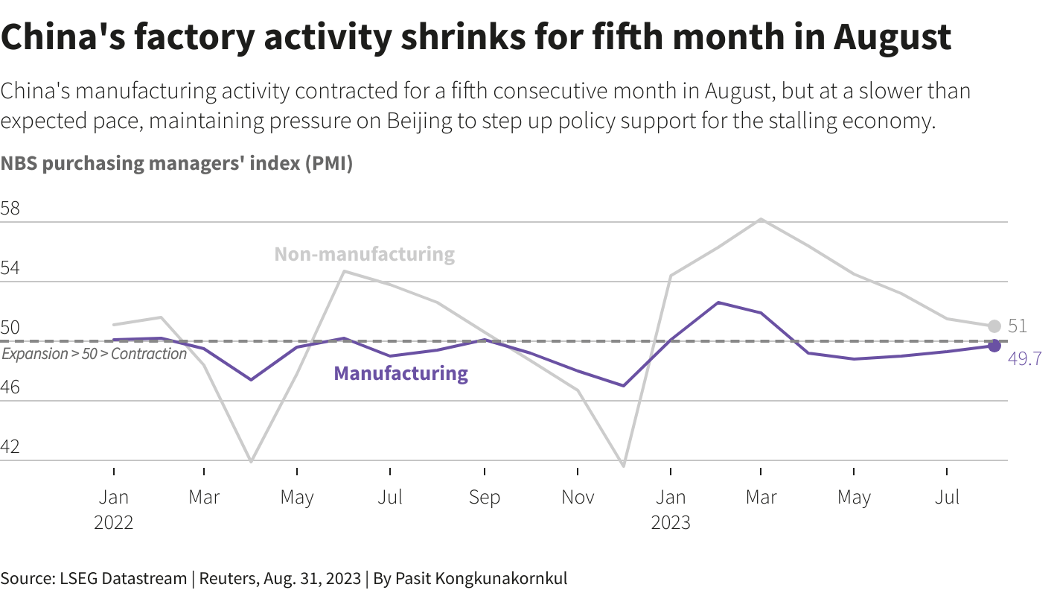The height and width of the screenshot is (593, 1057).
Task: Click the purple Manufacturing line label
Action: coord(400,373)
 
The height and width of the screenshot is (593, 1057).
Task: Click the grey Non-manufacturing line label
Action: coord(364,254)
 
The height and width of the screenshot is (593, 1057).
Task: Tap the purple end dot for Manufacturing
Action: coord(994,346)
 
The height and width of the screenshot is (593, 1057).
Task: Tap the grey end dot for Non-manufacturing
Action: coord(994,326)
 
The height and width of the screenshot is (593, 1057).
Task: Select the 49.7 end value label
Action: coord(1024,359)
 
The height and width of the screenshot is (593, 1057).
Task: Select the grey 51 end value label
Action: coord(1018,326)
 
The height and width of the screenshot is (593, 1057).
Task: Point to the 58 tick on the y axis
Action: coord(10,209)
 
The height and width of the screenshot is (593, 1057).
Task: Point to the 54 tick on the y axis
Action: coord(10,269)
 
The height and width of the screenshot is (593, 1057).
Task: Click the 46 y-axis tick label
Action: coord(10,388)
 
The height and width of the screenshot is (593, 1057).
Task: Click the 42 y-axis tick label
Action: coord(10,448)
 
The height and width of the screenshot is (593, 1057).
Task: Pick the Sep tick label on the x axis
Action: coord(485,498)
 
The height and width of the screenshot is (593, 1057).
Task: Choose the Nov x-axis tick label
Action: coord(578,498)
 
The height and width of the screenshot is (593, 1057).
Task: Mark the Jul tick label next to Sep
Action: coord(390,498)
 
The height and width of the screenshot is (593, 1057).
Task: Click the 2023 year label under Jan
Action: coord(671,523)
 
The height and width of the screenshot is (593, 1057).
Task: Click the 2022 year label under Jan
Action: coord(114,523)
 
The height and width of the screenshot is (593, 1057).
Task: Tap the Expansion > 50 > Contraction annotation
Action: coord(94,354)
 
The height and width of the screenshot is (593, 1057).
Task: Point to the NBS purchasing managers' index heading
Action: coord(176,164)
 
